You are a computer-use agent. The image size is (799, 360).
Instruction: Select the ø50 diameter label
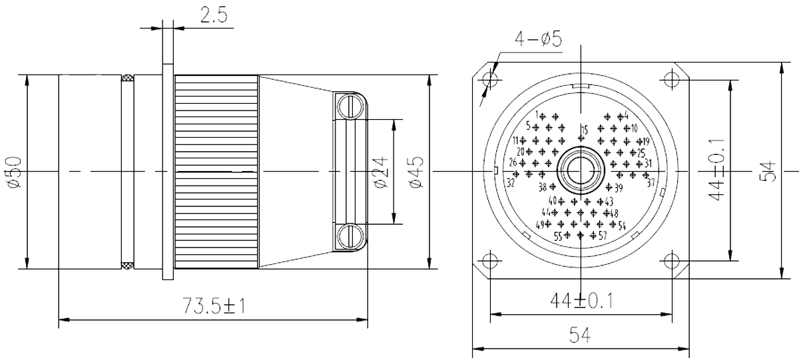15,172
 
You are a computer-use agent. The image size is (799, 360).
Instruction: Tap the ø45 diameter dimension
414,172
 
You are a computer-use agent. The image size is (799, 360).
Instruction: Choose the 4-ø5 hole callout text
538,40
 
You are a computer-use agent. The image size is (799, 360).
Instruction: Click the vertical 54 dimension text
768,172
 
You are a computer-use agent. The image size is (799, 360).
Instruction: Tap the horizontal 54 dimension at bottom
581,335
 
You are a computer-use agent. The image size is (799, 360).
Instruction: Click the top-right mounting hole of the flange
671,80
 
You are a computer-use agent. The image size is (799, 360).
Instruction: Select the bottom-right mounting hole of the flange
671,260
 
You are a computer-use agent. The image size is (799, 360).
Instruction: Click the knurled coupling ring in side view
216,172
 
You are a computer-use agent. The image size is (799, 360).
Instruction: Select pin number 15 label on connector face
584,129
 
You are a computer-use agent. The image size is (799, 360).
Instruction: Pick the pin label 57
602,235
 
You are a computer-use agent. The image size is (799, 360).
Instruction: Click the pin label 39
619,188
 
